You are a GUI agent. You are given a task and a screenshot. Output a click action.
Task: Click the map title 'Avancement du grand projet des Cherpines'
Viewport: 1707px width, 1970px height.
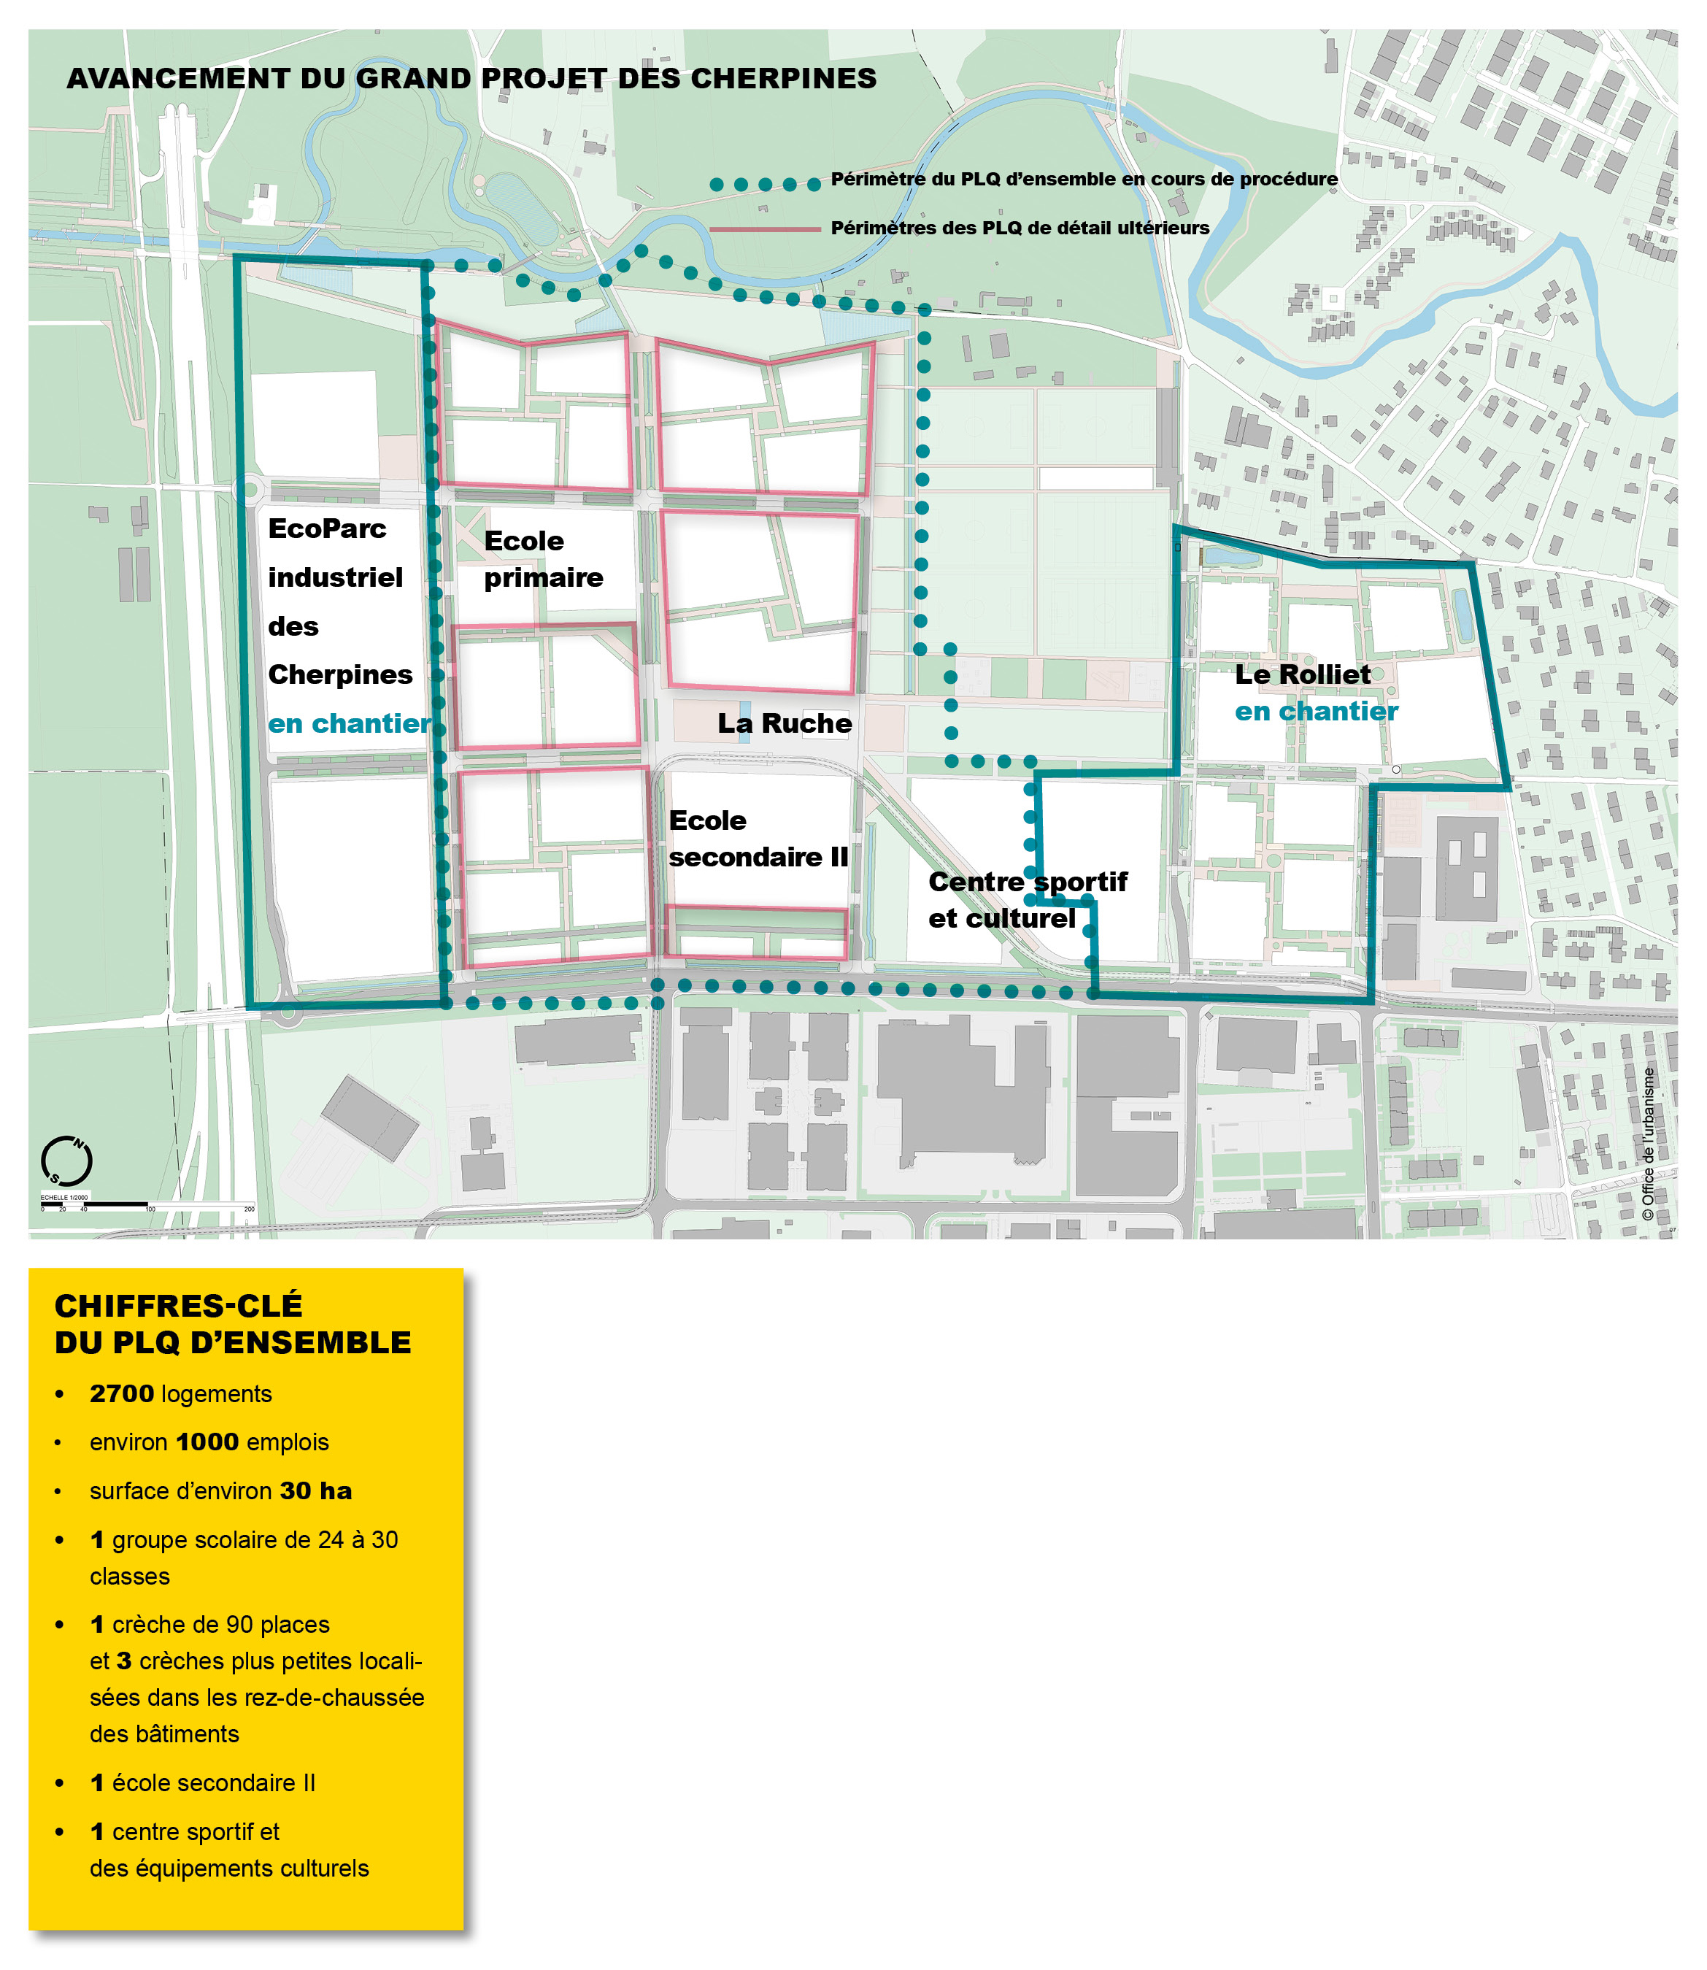click(x=471, y=78)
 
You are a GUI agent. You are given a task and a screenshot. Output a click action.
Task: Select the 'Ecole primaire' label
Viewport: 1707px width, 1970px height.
click(x=543, y=558)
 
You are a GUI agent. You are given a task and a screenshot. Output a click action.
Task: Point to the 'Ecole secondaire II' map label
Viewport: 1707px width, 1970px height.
click(x=758, y=839)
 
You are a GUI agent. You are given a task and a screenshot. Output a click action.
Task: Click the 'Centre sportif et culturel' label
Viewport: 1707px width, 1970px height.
click(x=1027, y=899)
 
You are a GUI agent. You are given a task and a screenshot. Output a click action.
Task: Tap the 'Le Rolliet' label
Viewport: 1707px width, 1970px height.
click(x=1302, y=674)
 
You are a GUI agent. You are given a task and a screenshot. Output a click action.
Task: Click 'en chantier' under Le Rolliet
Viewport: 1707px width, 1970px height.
click(x=1317, y=712)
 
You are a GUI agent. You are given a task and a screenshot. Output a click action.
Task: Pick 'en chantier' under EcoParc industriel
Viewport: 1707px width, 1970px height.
click(x=350, y=724)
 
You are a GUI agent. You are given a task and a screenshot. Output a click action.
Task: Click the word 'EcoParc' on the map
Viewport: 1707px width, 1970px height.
click(x=327, y=528)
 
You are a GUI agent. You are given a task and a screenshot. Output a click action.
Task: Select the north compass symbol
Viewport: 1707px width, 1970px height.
click(x=66, y=1161)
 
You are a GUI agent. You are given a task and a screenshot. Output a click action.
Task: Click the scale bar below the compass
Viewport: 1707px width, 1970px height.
click(x=96, y=1205)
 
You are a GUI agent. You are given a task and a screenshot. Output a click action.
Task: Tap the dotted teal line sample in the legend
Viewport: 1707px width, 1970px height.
click(x=765, y=184)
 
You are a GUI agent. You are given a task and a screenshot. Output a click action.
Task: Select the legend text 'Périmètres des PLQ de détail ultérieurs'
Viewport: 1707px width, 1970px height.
click(x=1020, y=228)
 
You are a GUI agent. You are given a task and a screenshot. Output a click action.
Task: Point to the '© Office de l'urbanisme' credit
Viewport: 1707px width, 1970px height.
click(x=1648, y=1143)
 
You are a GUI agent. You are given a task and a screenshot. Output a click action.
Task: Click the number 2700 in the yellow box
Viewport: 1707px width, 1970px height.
click(x=122, y=1393)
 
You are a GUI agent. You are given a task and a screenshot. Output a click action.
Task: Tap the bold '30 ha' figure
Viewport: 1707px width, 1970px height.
click(x=315, y=1491)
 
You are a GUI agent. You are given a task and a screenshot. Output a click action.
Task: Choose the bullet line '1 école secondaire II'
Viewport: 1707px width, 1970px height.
click(x=202, y=1782)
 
